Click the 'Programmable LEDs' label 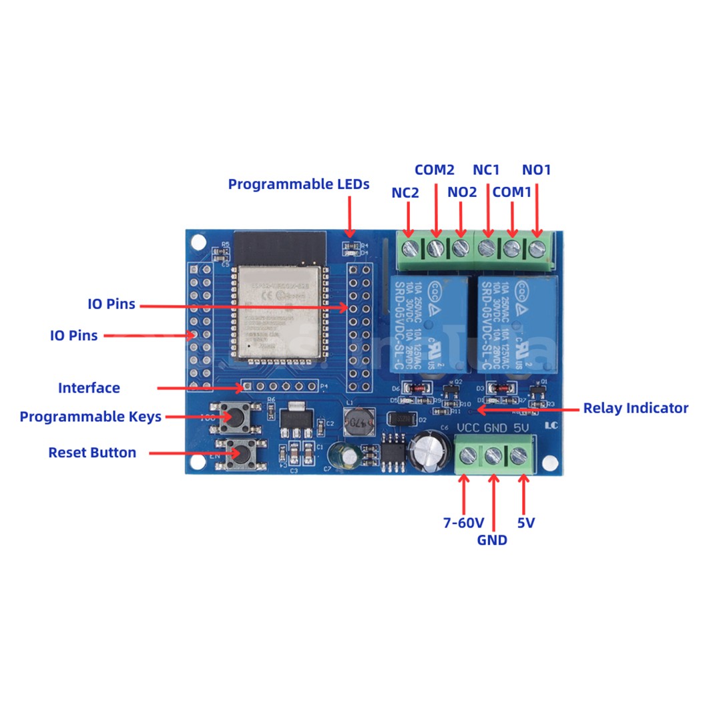click(298, 184)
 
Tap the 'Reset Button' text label click(92, 453)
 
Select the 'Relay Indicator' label click(635, 408)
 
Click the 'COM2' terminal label click(435, 170)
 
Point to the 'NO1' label click(536, 170)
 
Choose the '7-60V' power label click(463, 523)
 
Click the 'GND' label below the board click(492, 540)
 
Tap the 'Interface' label click(89, 388)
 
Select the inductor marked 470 click(355, 422)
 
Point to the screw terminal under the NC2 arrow click(409, 248)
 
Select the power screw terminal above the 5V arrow click(519, 457)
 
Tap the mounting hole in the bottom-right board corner click(549, 463)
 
